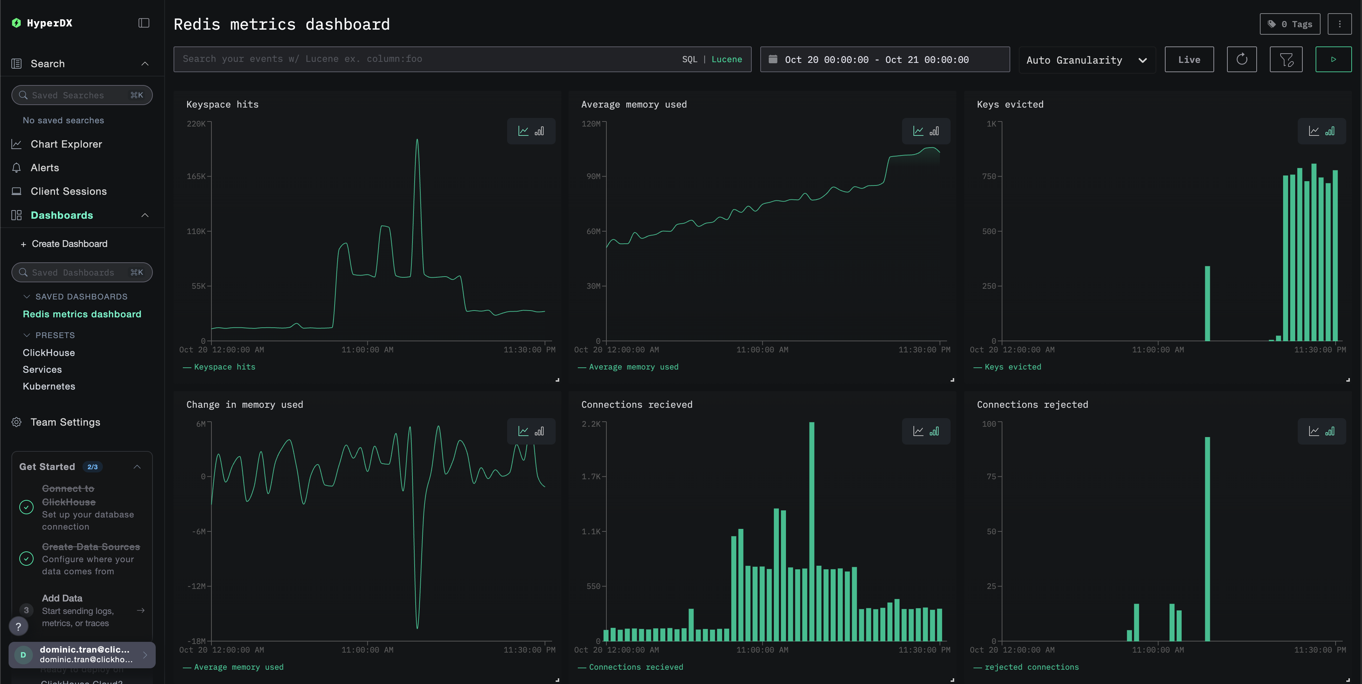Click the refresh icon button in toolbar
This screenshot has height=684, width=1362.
[x=1241, y=60]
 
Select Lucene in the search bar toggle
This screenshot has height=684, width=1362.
[x=726, y=59]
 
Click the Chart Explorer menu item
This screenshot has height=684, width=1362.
[x=66, y=144]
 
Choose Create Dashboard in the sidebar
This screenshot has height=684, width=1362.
[x=69, y=244]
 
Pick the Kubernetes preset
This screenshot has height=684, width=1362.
[x=49, y=386]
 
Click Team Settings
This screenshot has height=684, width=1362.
[x=65, y=422]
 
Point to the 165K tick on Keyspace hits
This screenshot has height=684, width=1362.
[x=196, y=176]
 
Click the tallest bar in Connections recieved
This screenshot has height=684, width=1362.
[x=812, y=529]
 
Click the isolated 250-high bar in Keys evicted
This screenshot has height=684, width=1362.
[x=1207, y=304]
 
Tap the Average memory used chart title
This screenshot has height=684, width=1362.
[x=634, y=105]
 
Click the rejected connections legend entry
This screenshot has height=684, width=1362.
[x=1031, y=667]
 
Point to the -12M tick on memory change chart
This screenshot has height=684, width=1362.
[x=197, y=586]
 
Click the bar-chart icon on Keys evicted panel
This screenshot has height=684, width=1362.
[x=1330, y=131]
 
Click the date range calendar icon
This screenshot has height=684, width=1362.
[x=772, y=59]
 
